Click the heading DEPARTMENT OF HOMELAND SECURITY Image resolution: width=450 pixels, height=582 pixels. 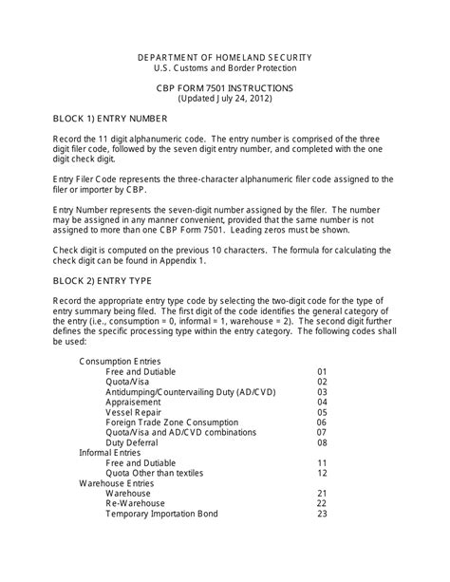(x=224, y=57)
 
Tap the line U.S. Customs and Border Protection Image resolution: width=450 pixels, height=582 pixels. (x=224, y=68)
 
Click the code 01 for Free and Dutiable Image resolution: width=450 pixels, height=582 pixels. (x=322, y=371)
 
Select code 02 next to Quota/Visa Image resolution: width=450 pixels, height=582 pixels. (x=322, y=382)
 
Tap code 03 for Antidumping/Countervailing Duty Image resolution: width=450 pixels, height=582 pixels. (x=322, y=392)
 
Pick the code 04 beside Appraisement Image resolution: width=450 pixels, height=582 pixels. (x=322, y=403)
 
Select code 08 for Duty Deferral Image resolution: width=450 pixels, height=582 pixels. (x=322, y=443)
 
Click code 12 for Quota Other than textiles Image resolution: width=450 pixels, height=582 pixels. (x=322, y=473)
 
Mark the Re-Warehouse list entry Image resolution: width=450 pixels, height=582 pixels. (x=135, y=504)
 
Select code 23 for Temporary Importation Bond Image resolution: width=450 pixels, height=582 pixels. (x=322, y=515)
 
